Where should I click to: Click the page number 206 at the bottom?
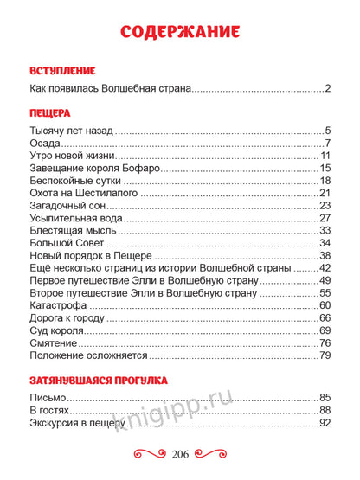180,455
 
